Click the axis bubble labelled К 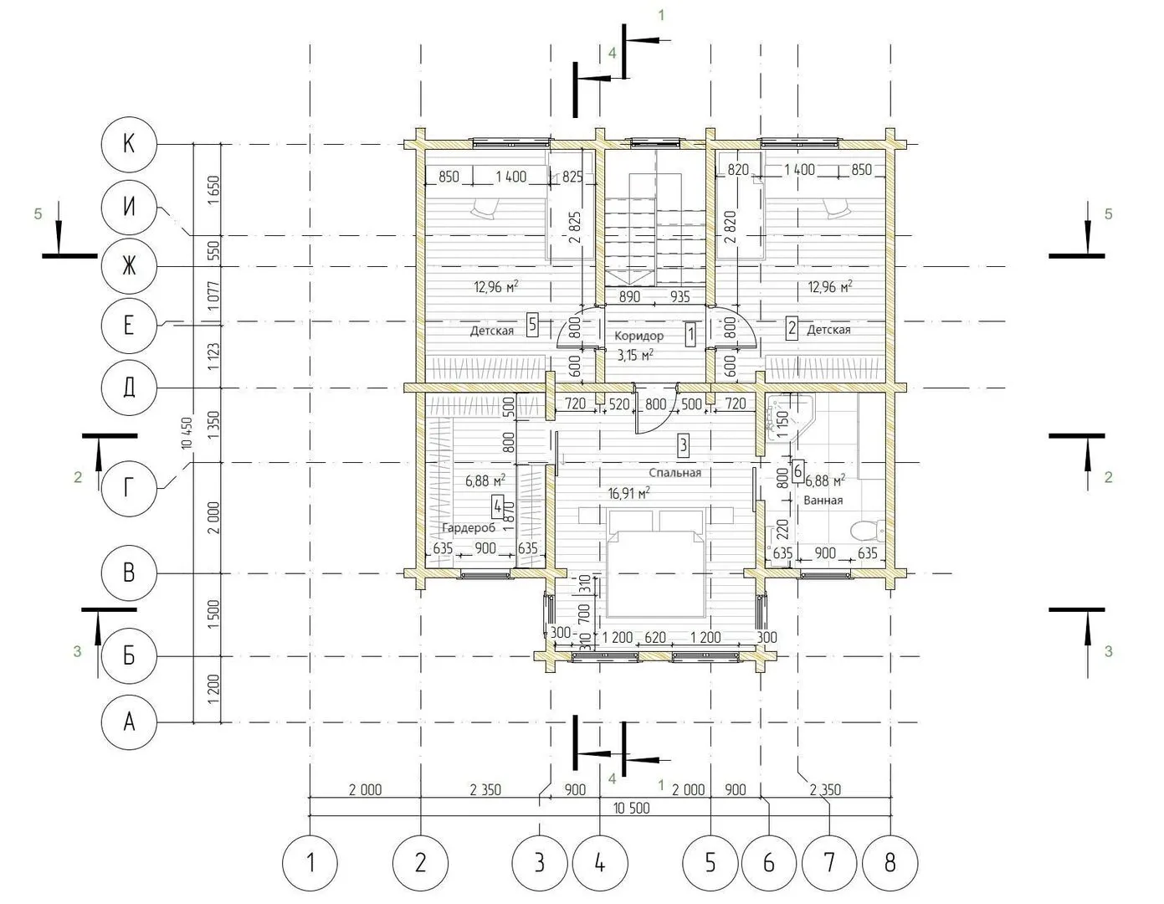pos(129,145)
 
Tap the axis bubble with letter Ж pos(129,266)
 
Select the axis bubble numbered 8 pos(890,863)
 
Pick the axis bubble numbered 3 pos(540,863)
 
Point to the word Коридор pos(638,336)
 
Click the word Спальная pos(675,472)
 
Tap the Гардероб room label pos(469,528)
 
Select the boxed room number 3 pos(683,444)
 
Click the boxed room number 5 pos(532,325)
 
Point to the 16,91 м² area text pos(629,493)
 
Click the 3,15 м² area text pos(635,355)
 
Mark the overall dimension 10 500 pos(632,808)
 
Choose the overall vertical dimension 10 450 pos(187,433)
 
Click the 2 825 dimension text pos(574,228)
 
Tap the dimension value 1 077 pos(213,296)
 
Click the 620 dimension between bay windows pos(655,637)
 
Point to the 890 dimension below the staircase pos(629,296)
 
